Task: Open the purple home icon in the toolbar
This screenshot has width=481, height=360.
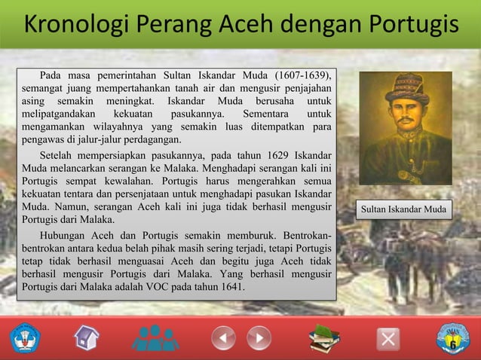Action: (x=87, y=337)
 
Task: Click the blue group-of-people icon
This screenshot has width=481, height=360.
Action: (x=155, y=337)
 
